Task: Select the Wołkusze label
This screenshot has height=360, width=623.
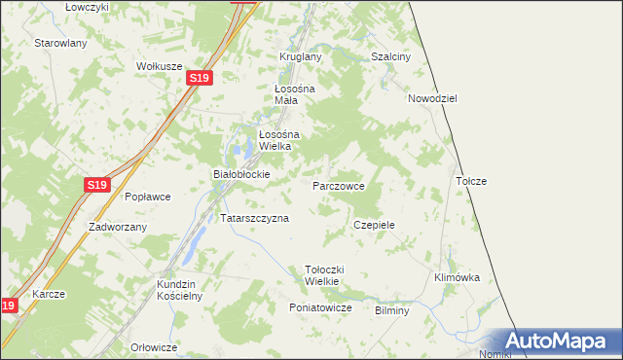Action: click(160, 66)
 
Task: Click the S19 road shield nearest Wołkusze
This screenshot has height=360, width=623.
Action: click(199, 78)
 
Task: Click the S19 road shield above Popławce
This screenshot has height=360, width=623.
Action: click(96, 184)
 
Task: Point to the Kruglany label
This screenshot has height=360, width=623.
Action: click(300, 56)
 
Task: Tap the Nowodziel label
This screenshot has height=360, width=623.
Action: click(432, 98)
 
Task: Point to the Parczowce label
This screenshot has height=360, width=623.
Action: click(338, 185)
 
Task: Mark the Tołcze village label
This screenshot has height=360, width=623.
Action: click(470, 181)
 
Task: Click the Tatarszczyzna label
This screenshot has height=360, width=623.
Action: click(254, 218)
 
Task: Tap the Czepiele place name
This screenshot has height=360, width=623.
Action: click(374, 224)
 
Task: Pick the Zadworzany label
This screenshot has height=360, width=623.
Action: click(117, 227)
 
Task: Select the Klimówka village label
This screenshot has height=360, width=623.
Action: click(457, 277)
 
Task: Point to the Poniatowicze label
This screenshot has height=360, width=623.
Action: click(319, 307)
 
